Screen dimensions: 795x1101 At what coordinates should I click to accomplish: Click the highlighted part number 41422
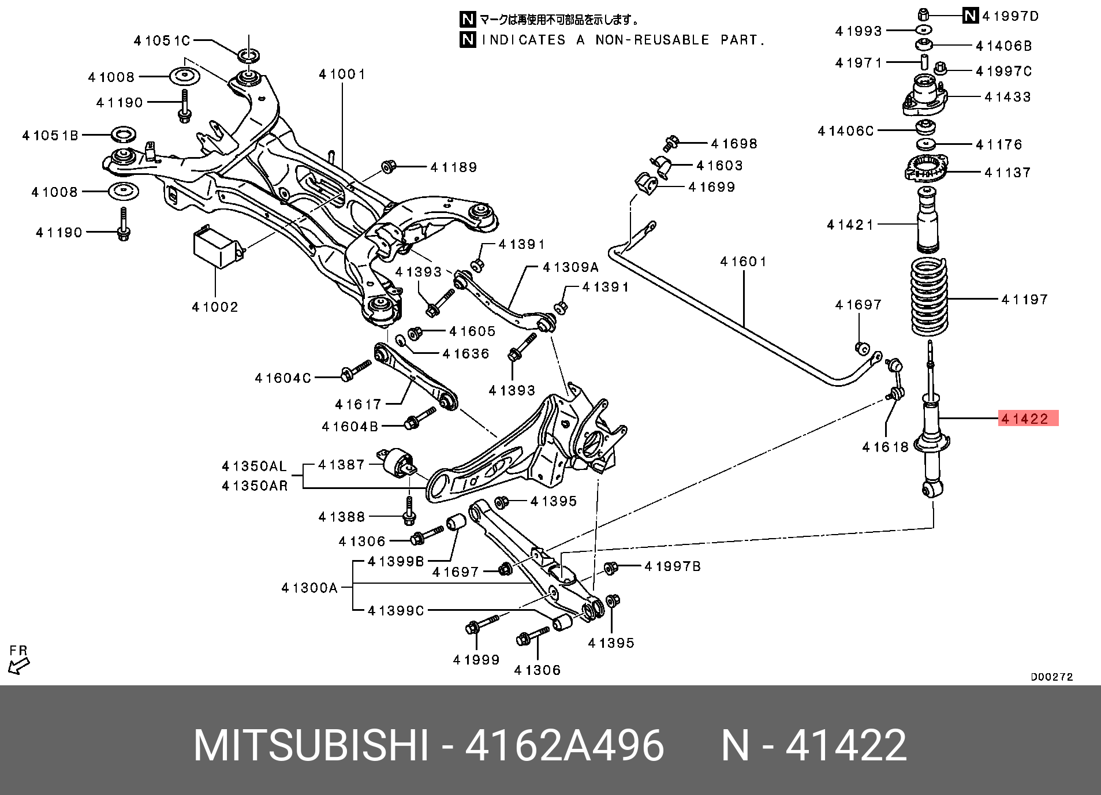(x=1028, y=419)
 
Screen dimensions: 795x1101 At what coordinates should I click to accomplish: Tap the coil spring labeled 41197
(x=930, y=297)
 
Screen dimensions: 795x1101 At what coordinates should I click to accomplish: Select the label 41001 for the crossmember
(x=342, y=74)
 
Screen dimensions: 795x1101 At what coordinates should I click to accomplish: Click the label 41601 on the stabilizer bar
(x=744, y=262)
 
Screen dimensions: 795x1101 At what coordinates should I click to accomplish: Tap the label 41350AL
(x=255, y=466)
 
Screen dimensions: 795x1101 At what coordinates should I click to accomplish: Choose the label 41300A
(x=309, y=588)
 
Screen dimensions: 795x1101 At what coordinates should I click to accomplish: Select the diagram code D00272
(x=1052, y=677)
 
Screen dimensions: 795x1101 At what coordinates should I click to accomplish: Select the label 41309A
(x=570, y=267)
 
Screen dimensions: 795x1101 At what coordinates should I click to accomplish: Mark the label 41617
(x=359, y=404)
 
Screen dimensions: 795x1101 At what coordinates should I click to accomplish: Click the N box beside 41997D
(x=971, y=16)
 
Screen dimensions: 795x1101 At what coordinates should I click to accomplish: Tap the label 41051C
(x=162, y=40)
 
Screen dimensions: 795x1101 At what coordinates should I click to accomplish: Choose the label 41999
(x=476, y=659)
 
